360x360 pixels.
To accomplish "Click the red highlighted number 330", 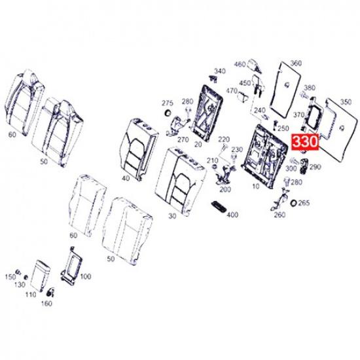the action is pos(305,141).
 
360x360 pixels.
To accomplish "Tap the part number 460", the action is pos(240,64).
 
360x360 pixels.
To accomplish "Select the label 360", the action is pos(296,63).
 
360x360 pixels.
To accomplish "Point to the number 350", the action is pos(346,102).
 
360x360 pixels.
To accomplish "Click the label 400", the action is pos(232,215).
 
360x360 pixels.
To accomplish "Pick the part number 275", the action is pos(168,103).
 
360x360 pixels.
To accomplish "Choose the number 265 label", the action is pos(304,203).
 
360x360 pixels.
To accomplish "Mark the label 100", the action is pos(86,276).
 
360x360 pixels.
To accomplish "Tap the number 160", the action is pos(46,304).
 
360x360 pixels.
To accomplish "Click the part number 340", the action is pos(220,71).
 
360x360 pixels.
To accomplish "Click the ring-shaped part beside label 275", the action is pos(168,113).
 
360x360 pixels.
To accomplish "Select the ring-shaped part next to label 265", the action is pos(293,203).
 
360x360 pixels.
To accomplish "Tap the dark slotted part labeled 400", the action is pos(219,206).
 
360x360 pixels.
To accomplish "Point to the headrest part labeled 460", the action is pos(255,65).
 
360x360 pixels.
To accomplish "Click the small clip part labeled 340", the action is pos(213,79).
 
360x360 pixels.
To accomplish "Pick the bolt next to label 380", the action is pos(304,95).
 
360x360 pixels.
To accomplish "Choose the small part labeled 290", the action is pos(304,166).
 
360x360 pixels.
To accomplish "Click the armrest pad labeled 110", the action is pos(41,276).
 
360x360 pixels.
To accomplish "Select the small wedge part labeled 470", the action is pos(243,96).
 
